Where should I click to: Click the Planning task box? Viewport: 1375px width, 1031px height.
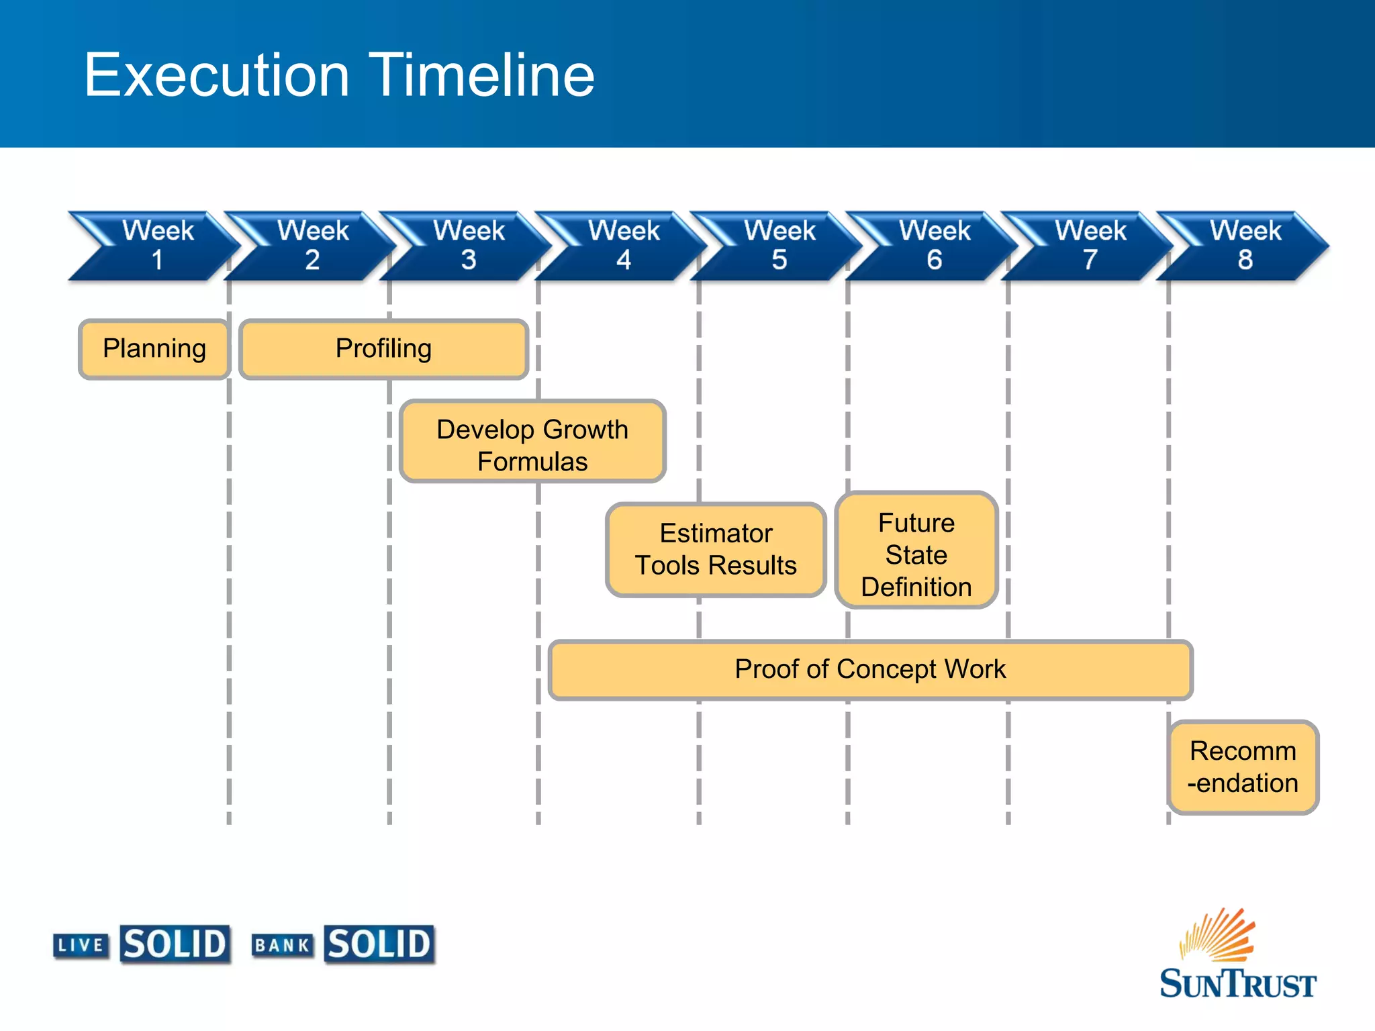(x=154, y=349)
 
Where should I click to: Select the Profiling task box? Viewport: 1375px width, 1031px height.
(x=383, y=349)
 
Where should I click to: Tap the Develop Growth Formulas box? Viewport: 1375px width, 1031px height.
(x=532, y=442)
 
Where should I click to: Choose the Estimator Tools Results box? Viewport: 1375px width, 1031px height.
(x=716, y=549)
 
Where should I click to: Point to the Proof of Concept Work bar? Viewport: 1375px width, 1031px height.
(x=870, y=669)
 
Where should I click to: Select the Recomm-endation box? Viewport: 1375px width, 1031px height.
(x=1243, y=767)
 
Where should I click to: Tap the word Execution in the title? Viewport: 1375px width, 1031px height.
(x=217, y=75)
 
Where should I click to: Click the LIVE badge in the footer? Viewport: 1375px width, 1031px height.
(x=81, y=946)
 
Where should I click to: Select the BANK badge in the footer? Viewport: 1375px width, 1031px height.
(x=282, y=946)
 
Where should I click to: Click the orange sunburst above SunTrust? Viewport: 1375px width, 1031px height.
(x=1217, y=935)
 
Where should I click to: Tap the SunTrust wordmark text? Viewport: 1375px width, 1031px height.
(x=1237, y=984)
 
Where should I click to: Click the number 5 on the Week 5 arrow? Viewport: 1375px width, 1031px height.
(x=779, y=260)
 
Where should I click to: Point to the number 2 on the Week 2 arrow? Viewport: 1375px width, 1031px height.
(x=312, y=260)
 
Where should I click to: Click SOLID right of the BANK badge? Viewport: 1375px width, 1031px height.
(x=379, y=944)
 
